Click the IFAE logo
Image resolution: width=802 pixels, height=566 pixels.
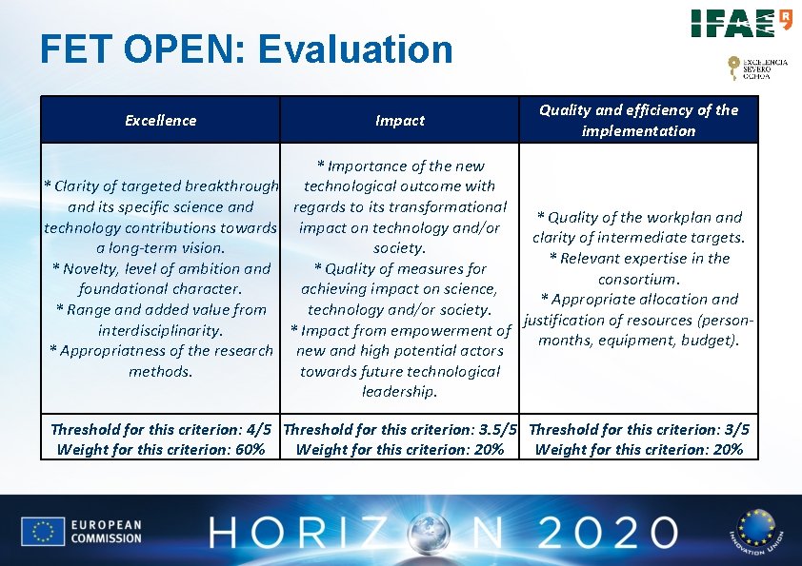[x=741, y=23]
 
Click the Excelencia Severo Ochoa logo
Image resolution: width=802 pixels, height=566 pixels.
[x=757, y=68]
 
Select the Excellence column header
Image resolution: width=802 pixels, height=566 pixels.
[x=161, y=120]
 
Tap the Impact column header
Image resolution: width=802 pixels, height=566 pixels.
[x=400, y=120]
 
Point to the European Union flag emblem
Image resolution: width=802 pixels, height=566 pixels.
[x=43, y=532]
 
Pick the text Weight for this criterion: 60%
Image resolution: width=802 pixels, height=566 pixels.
[x=161, y=449]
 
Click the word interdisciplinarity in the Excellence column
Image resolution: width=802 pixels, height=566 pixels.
[x=160, y=330]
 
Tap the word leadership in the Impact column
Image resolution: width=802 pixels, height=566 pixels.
[x=400, y=391]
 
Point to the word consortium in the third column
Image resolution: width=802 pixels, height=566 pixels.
[x=638, y=279]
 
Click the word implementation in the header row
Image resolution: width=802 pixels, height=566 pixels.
[x=638, y=130]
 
